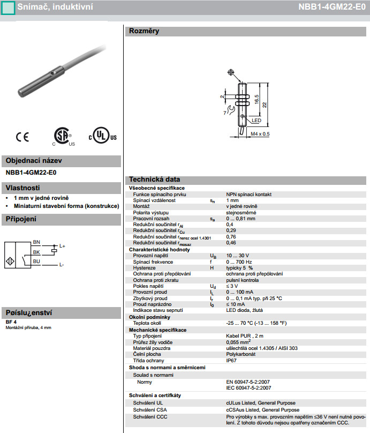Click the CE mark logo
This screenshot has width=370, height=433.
(22, 137)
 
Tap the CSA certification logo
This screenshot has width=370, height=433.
(63, 136)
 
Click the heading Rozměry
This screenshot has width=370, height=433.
(144, 31)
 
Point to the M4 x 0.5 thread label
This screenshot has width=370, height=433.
(260, 133)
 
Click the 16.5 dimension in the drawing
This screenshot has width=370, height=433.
(258, 100)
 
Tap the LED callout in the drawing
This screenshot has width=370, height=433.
(256, 121)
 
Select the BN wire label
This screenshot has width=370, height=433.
(36, 242)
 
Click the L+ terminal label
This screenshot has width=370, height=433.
(62, 246)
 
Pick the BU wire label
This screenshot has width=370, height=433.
(36, 261)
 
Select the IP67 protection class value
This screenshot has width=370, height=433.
(231, 361)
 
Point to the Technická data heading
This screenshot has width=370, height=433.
(154, 180)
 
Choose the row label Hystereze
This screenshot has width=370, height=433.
(144, 267)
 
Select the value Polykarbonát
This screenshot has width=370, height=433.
(240, 354)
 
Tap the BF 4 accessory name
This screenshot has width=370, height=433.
(11, 322)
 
